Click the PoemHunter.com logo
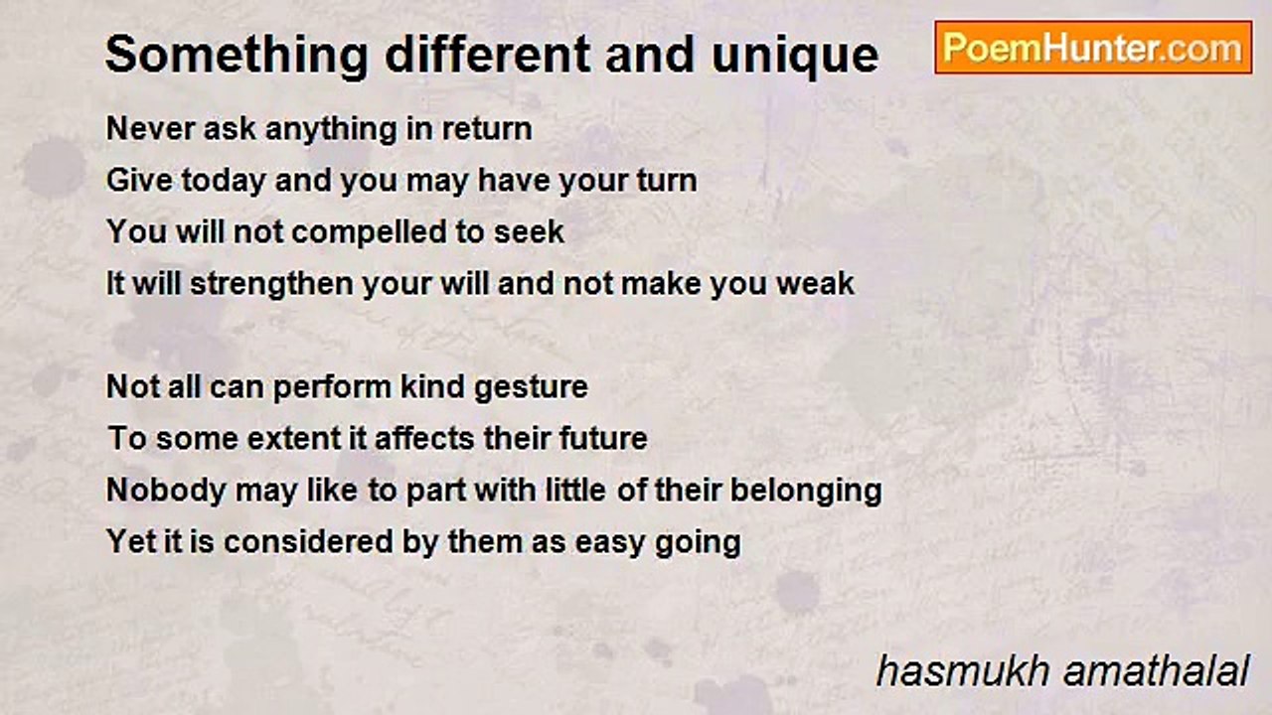(1093, 48)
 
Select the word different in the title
(488, 55)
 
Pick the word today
(224, 182)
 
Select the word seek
(529, 232)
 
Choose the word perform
(333, 388)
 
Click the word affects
(424, 439)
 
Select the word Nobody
(167, 491)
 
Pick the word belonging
(806, 492)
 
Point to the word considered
(308, 542)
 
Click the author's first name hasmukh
(963, 672)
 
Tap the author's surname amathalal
(1157, 672)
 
